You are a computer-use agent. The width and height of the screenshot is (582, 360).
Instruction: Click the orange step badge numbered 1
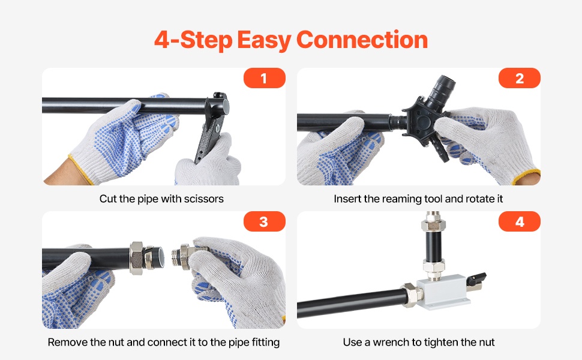[x=264, y=78]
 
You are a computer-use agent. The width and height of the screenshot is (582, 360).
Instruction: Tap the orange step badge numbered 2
[x=519, y=78]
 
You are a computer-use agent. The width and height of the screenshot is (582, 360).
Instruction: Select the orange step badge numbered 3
[x=264, y=221]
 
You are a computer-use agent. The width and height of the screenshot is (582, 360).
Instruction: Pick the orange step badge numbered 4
[x=519, y=221]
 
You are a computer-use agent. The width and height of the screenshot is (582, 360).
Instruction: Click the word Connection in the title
[x=362, y=40]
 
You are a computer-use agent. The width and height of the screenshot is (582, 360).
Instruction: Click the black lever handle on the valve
[x=476, y=278]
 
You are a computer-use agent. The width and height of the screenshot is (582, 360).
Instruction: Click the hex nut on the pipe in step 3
[x=136, y=258]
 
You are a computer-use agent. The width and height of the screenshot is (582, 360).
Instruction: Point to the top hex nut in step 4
[x=433, y=223]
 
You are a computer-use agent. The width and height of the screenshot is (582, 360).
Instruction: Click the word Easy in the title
[x=264, y=40]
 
